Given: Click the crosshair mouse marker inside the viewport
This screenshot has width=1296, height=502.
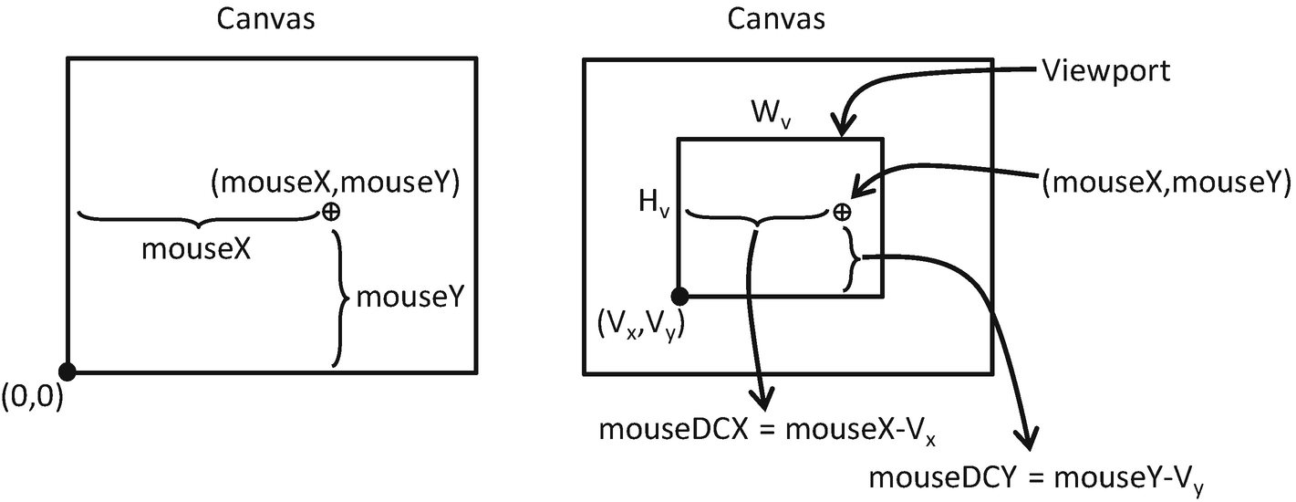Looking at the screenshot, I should pyautogui.click(x=842, y=212).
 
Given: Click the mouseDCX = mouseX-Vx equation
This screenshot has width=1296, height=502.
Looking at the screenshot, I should pyautogui.click(x=768, y=432).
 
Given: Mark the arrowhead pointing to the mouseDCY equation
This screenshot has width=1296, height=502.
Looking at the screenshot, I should pyautogui.click(x=1029, y=438).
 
